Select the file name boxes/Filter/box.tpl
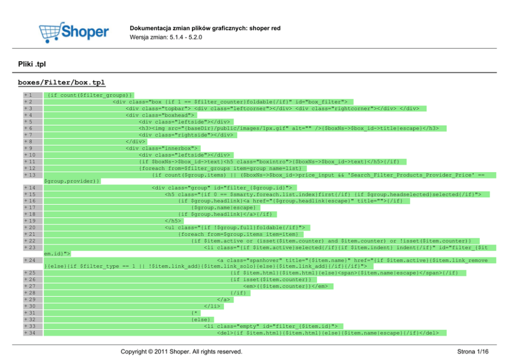(x=62, y=82)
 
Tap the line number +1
(x=29, y=95)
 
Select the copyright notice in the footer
(x=181, y=352)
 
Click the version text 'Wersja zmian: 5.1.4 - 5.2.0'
(x=166, y=37)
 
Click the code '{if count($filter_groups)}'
(x=89, y=95)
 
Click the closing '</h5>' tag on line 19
(x=173, y=220)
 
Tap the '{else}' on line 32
(x=200, y=319)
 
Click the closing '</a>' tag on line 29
(x=223, y=299)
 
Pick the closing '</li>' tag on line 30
(x=212, y=306)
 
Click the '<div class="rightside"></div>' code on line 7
(x=186, y=135)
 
